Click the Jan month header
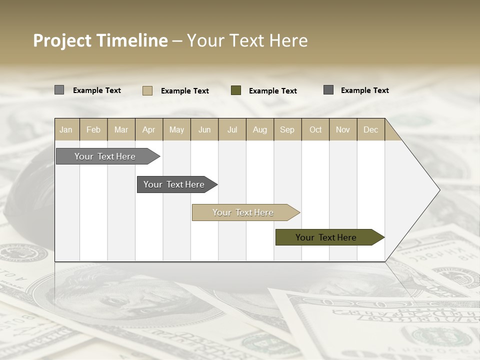click(66, 129)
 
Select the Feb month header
click(93, 129)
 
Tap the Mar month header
click(121, 129)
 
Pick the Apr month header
click(149, 129)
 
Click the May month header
click(176, 129)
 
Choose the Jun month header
click(204, 129)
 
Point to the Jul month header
click(232, 129)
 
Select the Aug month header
click(260, 129)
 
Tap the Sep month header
click(287, 129)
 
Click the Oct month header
click(315, 129)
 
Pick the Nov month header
click(343, 129)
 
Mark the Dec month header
click(371, 129)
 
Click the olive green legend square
click(236, 90)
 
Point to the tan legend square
click(147, 90)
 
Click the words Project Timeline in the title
click(100, 40)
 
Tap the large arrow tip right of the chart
click(420, 190)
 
